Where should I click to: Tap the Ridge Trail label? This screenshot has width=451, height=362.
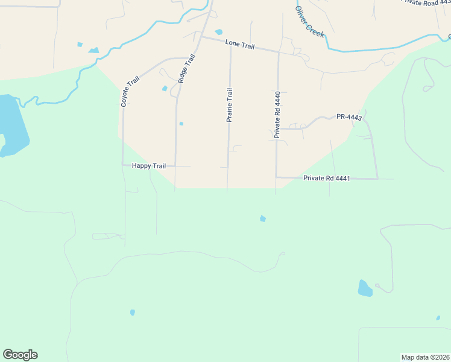pos(188,69)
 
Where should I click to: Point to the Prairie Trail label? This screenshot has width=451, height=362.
pos(229,106)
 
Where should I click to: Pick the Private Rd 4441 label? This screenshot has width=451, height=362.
pos(327,178)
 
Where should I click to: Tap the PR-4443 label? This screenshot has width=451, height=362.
pos(348,117)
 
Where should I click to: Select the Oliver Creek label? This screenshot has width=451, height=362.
pos(310,23)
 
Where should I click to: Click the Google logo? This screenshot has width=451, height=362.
pos(20,354)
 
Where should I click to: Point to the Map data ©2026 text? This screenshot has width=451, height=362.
pos(425,357)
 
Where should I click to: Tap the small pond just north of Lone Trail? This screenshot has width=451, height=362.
pos(218,32)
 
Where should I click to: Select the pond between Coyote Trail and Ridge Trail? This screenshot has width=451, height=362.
pos(165,89)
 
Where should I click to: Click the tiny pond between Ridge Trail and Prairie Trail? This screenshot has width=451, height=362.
pos(181,124)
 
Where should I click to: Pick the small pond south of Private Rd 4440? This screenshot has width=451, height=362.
pos(262,218)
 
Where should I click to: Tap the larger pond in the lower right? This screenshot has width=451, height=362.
pos(365,288)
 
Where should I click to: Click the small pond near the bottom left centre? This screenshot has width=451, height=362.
pos(133,313)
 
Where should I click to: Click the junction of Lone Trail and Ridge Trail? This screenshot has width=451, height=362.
pos(201,37)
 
